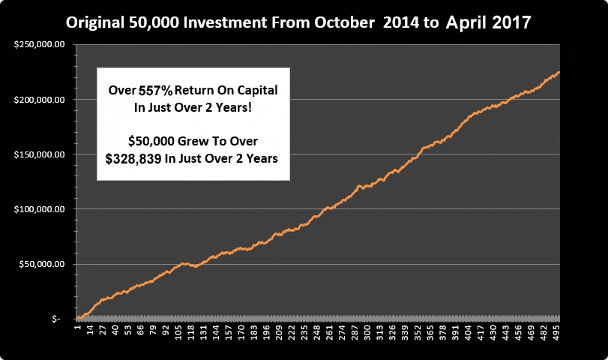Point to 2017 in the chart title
point(511,22)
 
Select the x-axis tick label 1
point(76,328)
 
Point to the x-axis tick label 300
point(367,331)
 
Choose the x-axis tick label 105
point(178,331)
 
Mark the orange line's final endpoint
point(559,73)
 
